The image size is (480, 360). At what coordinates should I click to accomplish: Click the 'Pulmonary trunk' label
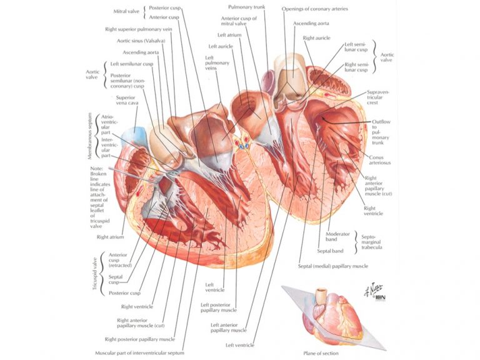[x=246, y=7]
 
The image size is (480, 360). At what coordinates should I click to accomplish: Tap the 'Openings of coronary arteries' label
[x=315, y=9]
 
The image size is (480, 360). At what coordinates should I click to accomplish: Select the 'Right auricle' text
[x=316, y=38]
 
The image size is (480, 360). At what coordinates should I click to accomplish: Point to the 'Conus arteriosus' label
[x=379, y=160]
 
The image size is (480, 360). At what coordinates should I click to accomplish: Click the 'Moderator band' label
[x=337, y=237]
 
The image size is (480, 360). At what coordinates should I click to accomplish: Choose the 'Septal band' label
[x=330, y=251]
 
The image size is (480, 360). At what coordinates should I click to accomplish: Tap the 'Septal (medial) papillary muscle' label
[x=333, y=266]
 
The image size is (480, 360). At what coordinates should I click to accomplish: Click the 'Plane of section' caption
[x=321, y=353]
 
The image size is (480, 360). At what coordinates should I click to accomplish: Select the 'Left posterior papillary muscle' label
[x=219, y=307]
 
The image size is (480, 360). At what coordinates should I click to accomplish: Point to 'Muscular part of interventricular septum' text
[x=139, y=353]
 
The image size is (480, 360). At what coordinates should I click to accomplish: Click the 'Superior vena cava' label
[x=127, y=100]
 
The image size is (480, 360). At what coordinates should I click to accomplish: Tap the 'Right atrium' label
[x=110, y=237]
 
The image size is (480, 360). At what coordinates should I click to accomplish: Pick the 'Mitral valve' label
[x=126, y=12]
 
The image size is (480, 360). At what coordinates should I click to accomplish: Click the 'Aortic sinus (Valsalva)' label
[x=141, y=41]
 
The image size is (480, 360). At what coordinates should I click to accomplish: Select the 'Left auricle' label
[x=221, y=46]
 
